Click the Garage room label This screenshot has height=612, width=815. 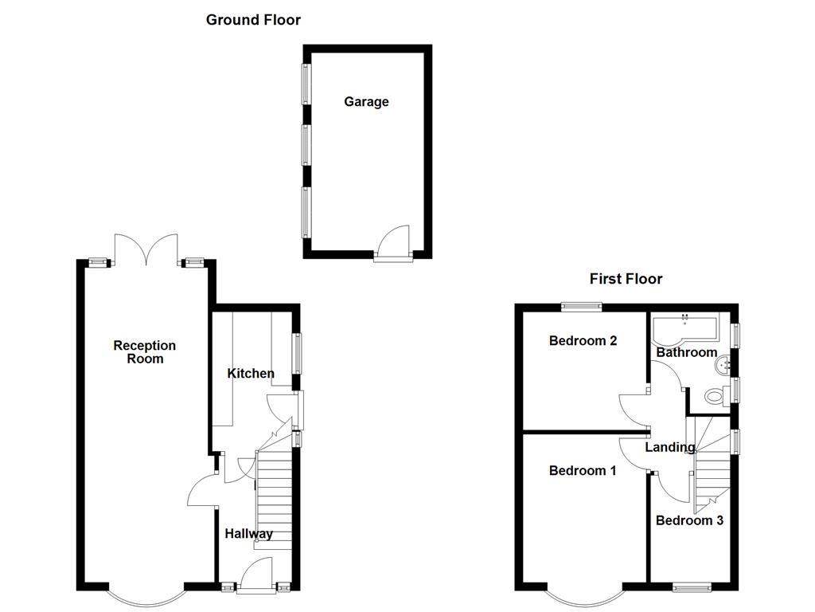coord(366,102)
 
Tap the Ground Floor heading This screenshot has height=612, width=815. coord(253,20)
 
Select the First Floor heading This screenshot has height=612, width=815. coord(626,279)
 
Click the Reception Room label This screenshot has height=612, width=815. coord(144,352)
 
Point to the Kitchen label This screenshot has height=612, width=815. coord(251,374)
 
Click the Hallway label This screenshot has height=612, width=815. coord(248,534)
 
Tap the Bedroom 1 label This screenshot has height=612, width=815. coord(583,471)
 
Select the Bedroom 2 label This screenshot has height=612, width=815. coord(583,341)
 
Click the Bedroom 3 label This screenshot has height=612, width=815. coord(689,521)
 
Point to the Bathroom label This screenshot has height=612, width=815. coord(686,353)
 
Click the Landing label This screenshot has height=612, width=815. coord(669,448)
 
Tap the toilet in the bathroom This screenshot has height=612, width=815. coord(715,395)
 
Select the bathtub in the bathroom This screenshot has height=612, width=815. coord(684,328)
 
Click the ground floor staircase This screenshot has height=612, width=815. coord(274,498)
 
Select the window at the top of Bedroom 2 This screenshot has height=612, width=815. coord(580,305)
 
